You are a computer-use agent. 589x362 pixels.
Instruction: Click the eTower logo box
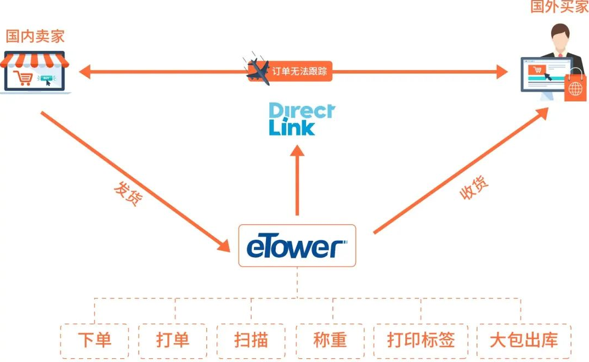pyautogui.click(x=297, y=246)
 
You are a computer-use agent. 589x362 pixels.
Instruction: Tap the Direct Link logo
pyautogui.click(x=301, y=119)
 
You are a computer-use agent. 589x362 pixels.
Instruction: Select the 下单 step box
pyautogui.click(x=94, y=341)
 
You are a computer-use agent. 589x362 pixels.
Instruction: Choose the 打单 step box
pyautogui.click(x=172, y=341)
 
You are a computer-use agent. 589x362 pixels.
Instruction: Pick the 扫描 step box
pyautogui.click(x=251, y=341)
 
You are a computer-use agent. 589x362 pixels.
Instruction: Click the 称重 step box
pyautogui.click(x=330, y=341)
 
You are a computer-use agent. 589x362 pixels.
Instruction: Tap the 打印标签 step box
pyautogui.click(x=421, y=341)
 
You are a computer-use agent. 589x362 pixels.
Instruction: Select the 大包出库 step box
pyautogui.click(x=523, y=341)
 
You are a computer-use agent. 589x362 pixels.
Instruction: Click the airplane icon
pyautogui.click(x=258, y=71)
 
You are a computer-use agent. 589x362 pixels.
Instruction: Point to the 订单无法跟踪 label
pyautogui.click(x=302, y=71)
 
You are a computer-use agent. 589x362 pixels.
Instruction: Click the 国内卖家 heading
pyautogui.click(x=35, y=36)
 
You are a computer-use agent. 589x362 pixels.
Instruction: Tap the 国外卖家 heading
pyautogui.click(x=559, y=7)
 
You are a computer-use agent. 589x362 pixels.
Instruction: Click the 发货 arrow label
pyautogui.click(x=127, y=194)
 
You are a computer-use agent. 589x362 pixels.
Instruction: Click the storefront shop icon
pyautogui.click(x=35, y=72)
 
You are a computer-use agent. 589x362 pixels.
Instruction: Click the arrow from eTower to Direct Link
pyautogui.click(x=297, y=181)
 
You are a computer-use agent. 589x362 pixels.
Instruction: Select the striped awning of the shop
pyautogui.click(x=35, y=59)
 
